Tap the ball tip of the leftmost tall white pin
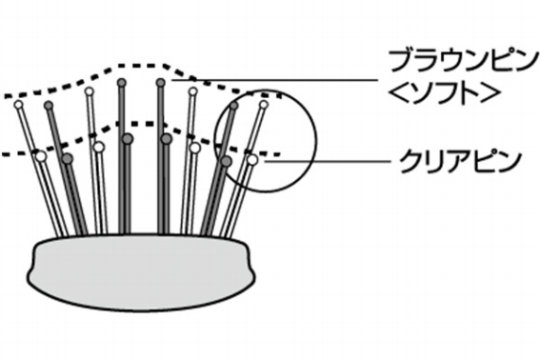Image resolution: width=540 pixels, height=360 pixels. [18, 106]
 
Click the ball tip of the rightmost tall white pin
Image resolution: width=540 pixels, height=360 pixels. [264, 104]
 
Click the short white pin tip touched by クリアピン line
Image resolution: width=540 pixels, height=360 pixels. [252, 160]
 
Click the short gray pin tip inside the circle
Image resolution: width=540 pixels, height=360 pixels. [226, 161]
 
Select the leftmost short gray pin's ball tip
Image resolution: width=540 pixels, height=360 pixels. [67, 158]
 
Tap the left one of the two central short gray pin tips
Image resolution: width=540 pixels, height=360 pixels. [127, 139]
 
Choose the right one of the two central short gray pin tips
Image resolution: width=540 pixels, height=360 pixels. [166, 139]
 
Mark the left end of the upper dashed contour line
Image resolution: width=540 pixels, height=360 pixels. [4, 99]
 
